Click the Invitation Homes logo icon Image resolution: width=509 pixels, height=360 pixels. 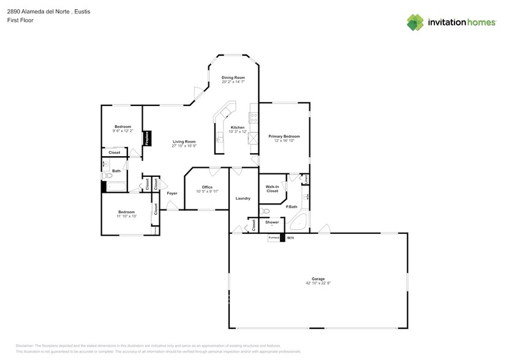click(416, 22)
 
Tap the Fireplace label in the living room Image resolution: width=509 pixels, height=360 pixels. click(148, 138)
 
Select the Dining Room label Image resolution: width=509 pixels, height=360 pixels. click(233, 78)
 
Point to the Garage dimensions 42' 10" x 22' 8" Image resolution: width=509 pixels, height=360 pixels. click(318, 283)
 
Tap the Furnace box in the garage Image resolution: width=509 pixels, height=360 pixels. click(273, 238)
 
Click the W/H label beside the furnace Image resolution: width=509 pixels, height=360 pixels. click(290, 238)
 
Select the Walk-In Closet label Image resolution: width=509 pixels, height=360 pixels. click(272, 189)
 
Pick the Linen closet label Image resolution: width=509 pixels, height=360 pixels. click(306, 179)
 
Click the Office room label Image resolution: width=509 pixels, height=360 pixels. click(207, 187)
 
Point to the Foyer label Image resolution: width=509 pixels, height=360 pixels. click(172, 193)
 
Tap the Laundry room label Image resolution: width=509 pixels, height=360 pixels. click(243, 198)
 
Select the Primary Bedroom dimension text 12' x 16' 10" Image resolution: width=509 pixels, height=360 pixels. click(284, 141)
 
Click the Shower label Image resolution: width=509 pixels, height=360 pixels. click(272, 222)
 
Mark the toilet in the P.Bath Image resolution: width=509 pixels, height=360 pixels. click(265, 211)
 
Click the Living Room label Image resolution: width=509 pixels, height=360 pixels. click(184, 141)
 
